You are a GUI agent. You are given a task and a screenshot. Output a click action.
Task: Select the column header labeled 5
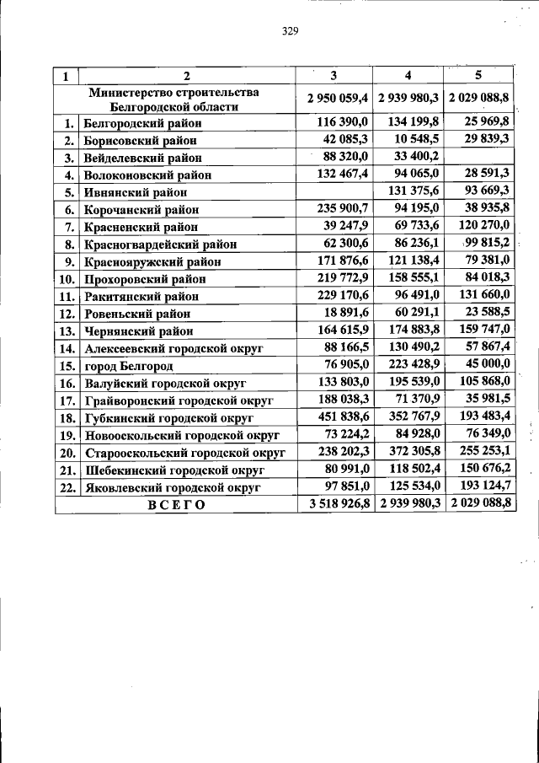tap(479, 75)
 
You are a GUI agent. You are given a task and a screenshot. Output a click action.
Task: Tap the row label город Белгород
tap(128, 366)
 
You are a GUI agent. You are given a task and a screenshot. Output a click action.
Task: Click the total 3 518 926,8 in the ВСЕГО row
tap(335, 504)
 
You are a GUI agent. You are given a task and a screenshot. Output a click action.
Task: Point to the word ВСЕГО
tap(176, 505)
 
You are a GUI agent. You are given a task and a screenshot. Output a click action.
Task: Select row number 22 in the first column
tap(67, 487)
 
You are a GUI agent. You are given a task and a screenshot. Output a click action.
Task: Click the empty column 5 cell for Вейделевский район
tap(479, 157)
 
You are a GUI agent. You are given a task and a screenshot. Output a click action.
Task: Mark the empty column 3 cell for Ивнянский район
tap(334, 192)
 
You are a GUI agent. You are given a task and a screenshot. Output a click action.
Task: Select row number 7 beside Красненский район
tap(70, 227)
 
